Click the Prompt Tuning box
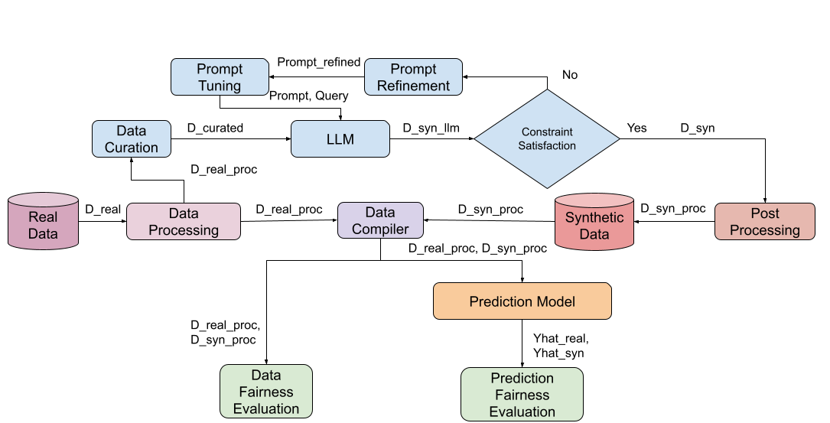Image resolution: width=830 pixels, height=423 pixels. tap(220, 77)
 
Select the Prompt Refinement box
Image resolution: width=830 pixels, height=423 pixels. tap(413, 77)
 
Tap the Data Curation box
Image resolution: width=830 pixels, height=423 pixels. tap(132, 138)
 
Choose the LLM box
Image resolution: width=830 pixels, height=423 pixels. tap(340, 139)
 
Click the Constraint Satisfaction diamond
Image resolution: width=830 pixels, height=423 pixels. tap(547, 138)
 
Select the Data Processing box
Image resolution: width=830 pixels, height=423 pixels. tap(184, 221)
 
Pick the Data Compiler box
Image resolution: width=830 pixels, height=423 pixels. tap(380, 220)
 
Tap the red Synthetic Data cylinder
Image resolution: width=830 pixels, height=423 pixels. tap(594, 223)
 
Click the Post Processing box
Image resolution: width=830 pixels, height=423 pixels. tap(765, 221)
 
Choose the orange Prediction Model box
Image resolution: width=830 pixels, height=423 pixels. tap(522, 301)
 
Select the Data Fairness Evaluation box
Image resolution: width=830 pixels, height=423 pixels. tap(266, 392)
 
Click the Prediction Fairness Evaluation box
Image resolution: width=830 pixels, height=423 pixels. tap(522, 395)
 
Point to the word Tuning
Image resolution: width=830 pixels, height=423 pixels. tap(220, 86)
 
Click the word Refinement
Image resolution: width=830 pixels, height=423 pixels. tap(414, 86)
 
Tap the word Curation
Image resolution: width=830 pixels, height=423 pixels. tap(132, 148)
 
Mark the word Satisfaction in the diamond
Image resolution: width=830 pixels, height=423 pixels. tap(547, 145)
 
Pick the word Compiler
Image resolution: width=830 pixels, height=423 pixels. tap(380, 229)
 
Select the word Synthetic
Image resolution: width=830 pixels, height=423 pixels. tap(594, 218)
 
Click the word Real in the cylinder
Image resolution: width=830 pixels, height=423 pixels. tap(44, 217)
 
